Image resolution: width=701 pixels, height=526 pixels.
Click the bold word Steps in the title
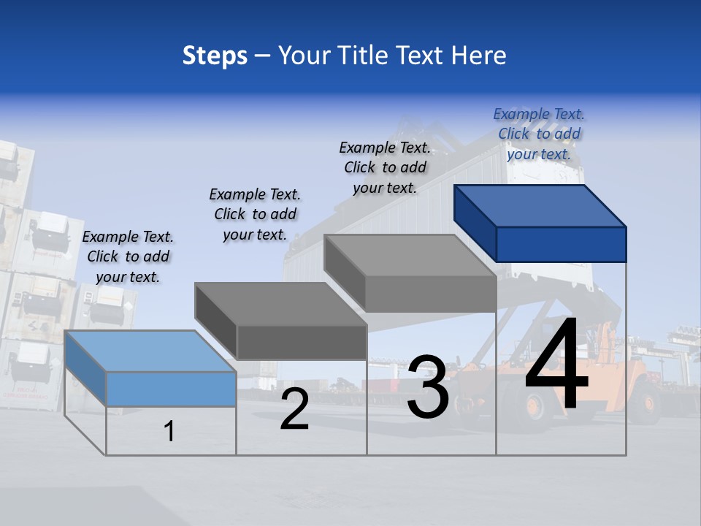(215, 56)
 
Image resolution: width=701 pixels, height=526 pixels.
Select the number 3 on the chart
(428, 387)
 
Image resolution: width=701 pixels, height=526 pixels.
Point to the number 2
(295, 409)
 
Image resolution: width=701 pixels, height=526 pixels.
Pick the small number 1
(169, 432)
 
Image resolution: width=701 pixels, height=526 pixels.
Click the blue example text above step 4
(539, 134)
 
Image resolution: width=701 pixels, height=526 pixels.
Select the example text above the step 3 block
(385, 167)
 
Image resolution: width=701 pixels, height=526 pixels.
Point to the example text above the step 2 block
(255, 214)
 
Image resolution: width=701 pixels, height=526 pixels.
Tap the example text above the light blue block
(128, 256)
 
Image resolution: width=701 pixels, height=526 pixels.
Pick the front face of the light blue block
(172, 389)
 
